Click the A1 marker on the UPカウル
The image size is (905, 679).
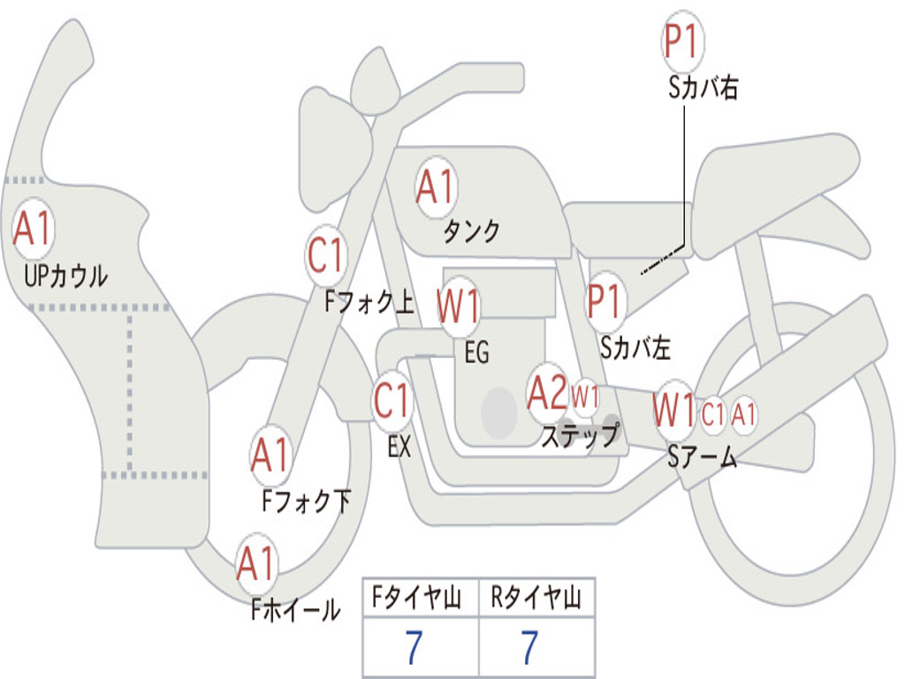click(33, 229)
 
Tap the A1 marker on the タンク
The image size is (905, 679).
click(436, 187)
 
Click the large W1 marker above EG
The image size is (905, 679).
click(459, 305)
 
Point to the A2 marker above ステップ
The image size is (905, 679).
click(548, 393)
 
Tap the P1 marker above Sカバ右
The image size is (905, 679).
click(683, 41)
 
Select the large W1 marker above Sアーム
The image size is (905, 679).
click(674, 410)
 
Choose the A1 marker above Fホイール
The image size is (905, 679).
click(256, 563)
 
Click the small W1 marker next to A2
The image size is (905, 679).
click(585, 397)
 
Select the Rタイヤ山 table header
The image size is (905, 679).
click(536, 598)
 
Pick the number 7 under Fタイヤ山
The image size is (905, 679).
click(414, 647)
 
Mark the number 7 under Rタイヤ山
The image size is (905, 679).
click(530, 647)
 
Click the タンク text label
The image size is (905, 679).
click(472, 231)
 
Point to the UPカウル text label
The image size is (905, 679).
click(65, 276)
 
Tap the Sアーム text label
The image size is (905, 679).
click(703, 457)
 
